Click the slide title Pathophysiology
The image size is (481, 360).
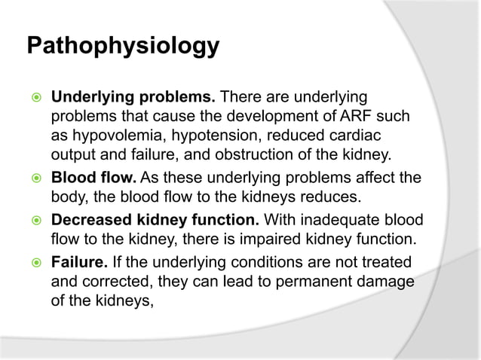click(123, 46)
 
